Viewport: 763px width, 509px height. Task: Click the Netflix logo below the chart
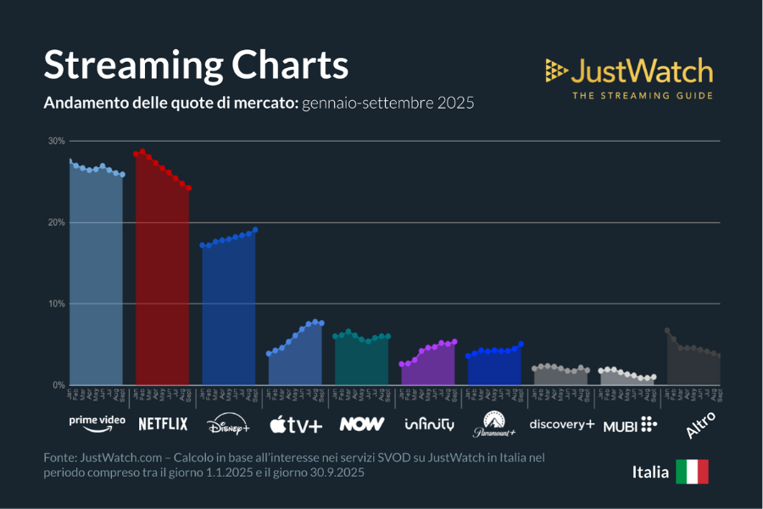pyautogui.click(x=163, y=423)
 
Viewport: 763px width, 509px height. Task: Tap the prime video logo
pyautogui.click(x=97, y=422)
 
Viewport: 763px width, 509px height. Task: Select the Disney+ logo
pyautogui.click(x=229, y=423)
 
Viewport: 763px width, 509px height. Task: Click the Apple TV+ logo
pyautogui.click(x=296, y=423)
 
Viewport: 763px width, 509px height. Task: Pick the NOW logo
pyautogui.click(x=362, y=423)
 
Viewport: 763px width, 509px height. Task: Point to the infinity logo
pyautogui.click(x=429, y=423)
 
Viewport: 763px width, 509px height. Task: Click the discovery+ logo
pyautogui.click(x=561, y=423)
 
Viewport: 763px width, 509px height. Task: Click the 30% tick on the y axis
pyautogui.click(x=56, y=141)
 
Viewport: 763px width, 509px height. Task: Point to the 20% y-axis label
pyautogui.click(x=56, y=222)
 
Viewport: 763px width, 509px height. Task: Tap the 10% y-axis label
pyautogui.click(x=56, y=304)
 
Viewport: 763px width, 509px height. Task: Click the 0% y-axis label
pyautogui.click(x=58, y=385)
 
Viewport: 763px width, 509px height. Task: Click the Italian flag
pyautogui.click(x=692, y=472)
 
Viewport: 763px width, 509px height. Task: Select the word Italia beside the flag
pyautogui.click(x=649, y=472)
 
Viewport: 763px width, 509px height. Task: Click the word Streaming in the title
pyautogui.click(x=119, y=66)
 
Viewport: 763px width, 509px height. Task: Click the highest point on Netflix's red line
pyautogui.click(x=142, y=152)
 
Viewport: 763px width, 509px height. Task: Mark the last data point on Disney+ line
pyautogui.click(x=255, y=230)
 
